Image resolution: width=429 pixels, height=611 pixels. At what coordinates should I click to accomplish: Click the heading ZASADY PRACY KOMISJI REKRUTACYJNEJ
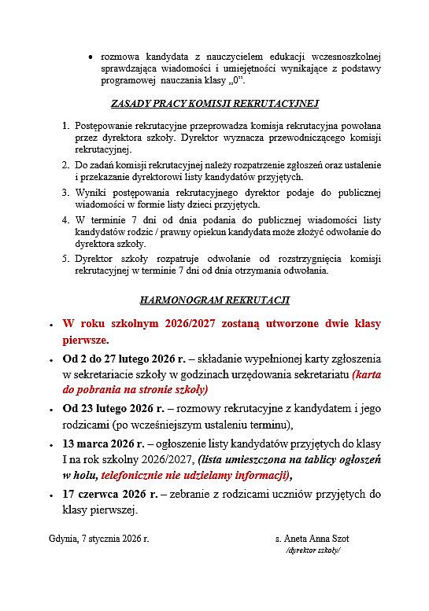[214, 103]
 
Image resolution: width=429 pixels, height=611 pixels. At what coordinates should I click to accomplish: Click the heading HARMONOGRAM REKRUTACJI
[214, 300]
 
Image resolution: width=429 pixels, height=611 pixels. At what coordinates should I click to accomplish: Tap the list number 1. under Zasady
[65, 126]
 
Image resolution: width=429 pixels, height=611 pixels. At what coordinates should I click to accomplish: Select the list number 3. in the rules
[65, 193]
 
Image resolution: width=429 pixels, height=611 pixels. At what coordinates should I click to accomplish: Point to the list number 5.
[65, 259]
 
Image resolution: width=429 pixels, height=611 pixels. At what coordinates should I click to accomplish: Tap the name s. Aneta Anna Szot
[312, 539]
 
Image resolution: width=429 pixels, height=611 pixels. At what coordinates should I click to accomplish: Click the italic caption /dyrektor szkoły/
[313, 551]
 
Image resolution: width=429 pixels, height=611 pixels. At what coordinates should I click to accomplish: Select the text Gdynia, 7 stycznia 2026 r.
[98, 539]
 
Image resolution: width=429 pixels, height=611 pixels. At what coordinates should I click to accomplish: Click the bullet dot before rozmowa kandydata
[92, 57]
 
